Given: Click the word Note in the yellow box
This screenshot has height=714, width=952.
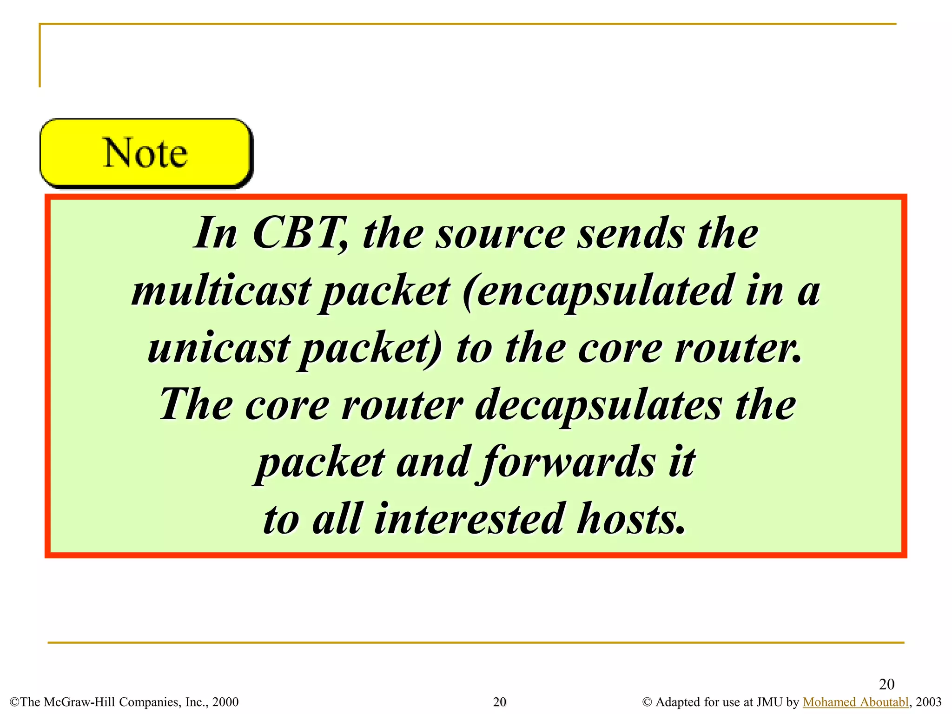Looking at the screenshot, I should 145,153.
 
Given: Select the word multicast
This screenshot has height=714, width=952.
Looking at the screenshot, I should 221,291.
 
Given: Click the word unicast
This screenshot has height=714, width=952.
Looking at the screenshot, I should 219,348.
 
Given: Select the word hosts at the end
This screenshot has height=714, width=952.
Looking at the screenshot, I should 631,519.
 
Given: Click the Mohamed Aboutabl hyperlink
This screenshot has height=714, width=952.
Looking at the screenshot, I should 855,702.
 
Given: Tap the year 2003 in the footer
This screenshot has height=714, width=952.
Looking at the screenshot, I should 928,702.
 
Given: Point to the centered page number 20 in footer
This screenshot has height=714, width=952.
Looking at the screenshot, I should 499,702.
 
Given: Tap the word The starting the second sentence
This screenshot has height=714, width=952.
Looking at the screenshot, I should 196,404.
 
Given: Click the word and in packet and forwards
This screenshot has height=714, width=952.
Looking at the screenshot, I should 432,463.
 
